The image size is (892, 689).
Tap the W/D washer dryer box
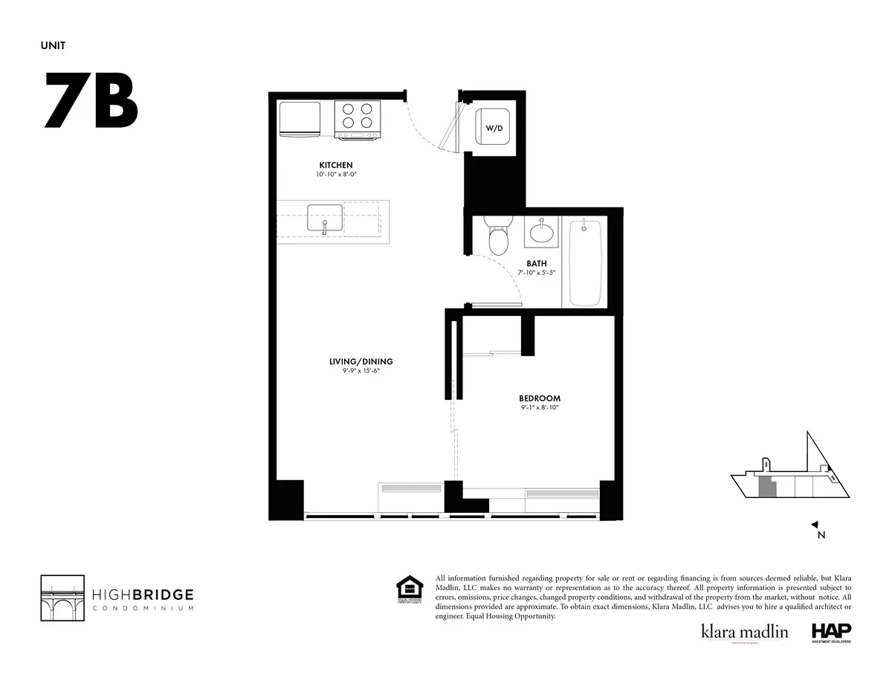pyautogui.click(x=494, y=129)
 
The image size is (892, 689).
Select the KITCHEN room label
pyautogui.click(x=336, y=165)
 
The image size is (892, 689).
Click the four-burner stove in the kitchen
pyautogui.click(x=358, y=119)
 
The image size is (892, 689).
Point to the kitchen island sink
pyautogui.click(x=325, y=219)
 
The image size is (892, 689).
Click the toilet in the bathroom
pyautogui.click(x=497, y=236)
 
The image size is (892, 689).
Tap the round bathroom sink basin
pyautogui.click(x=542, y=233)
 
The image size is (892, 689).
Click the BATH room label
pyautogui.click(x=537, y=263)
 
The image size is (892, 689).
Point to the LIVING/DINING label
pyautogui.click(x=361, y=361)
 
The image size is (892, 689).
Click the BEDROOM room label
pyautogui.click(x=540, y=398)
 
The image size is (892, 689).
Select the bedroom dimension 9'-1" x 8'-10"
pyautogui.click(x=540, y=408)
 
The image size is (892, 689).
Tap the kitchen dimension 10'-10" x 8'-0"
pyautogui.click(x=336, y=175)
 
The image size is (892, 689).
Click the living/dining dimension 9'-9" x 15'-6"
pyautogui.click(x=361, y=371)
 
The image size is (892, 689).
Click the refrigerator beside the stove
pyautogui.click(x=300, y=119)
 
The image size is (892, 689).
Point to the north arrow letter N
pyautogui.click(x=821, y=534)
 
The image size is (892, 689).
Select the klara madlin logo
pyautogui.click(x=744, y=632)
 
